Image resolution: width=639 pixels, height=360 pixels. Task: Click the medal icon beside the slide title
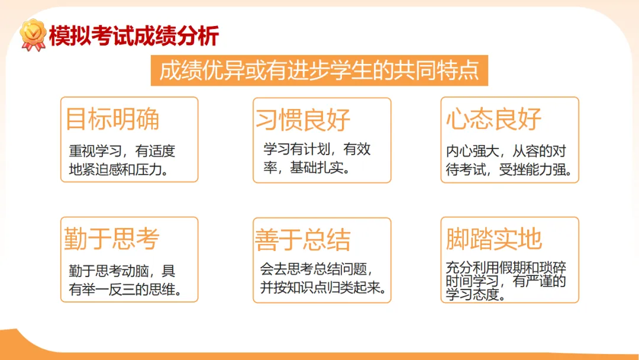33,35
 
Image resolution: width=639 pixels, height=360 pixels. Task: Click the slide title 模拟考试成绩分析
134,36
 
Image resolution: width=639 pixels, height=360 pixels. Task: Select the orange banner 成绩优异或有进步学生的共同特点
319,71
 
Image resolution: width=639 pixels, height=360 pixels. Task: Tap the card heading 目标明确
112,119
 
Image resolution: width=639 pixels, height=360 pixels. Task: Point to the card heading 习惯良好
303,120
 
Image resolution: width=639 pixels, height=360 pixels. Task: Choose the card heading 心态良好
494,119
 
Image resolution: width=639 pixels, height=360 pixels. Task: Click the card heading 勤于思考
112,239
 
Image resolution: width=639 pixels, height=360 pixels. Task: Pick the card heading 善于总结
303,240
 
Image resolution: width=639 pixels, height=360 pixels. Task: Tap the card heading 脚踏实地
494,239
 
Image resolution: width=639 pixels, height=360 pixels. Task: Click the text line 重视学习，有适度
122,152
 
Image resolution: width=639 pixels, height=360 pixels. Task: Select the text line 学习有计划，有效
317,149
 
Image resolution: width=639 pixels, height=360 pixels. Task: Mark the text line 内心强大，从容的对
506,152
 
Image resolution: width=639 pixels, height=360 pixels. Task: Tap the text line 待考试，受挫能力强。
509,171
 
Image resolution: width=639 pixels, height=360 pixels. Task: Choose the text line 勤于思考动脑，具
122,272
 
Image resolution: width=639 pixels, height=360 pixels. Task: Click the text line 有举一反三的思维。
125,290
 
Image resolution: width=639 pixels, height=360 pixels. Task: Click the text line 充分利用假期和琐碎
506,268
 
